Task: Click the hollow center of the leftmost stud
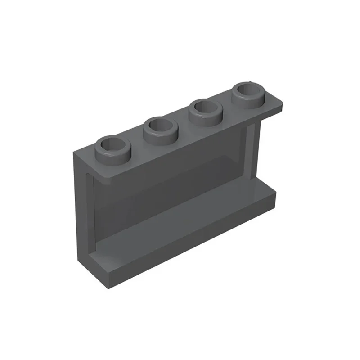(x=112, y=144)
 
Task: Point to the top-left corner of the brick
(x=75, y=152)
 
